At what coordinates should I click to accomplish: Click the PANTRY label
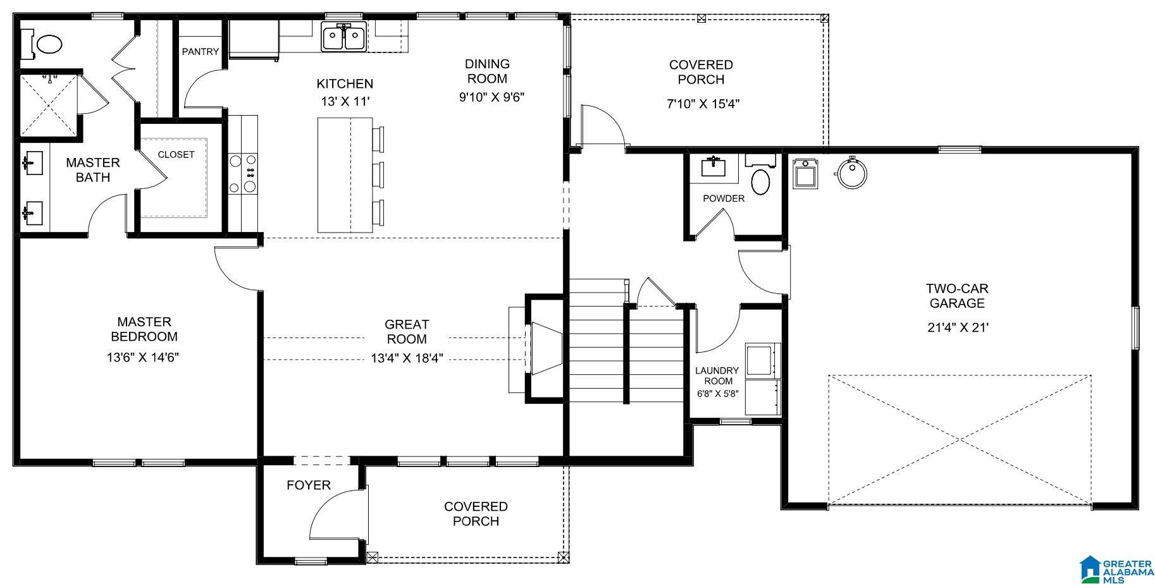(x=201, y=52)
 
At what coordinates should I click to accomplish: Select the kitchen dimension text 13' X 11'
(x=345, y=101)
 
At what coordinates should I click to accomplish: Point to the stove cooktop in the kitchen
(x=243, y=174)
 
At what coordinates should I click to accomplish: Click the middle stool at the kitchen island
(x=378, y=174)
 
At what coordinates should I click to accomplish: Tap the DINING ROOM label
(x=487, y=71)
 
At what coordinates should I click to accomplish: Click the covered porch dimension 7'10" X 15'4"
(x=703, y=104)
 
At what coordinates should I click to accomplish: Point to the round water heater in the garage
(x=851, y=172)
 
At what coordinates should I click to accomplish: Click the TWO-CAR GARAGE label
(x=957, y=296)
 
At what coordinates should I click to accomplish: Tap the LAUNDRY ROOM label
(x=717, y=375)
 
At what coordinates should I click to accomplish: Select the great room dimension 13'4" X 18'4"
(x=407, y=358)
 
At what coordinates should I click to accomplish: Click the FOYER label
(x=309, y=485)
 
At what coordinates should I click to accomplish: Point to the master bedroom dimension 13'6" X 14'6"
(x=143, y=357)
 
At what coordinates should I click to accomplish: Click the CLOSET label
(x=176, y=154)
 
